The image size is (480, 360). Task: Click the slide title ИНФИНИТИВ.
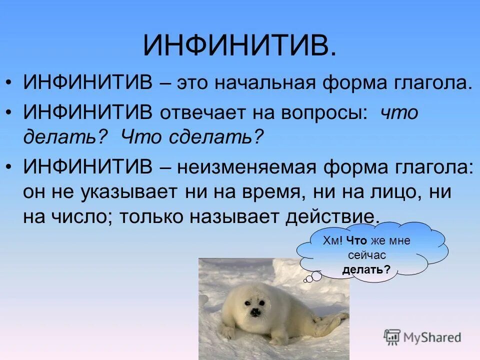click(239, 45)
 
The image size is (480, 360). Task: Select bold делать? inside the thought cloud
click(366, 270)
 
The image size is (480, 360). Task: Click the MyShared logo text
click(432, 337)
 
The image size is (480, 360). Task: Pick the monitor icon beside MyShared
click(392, 337)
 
